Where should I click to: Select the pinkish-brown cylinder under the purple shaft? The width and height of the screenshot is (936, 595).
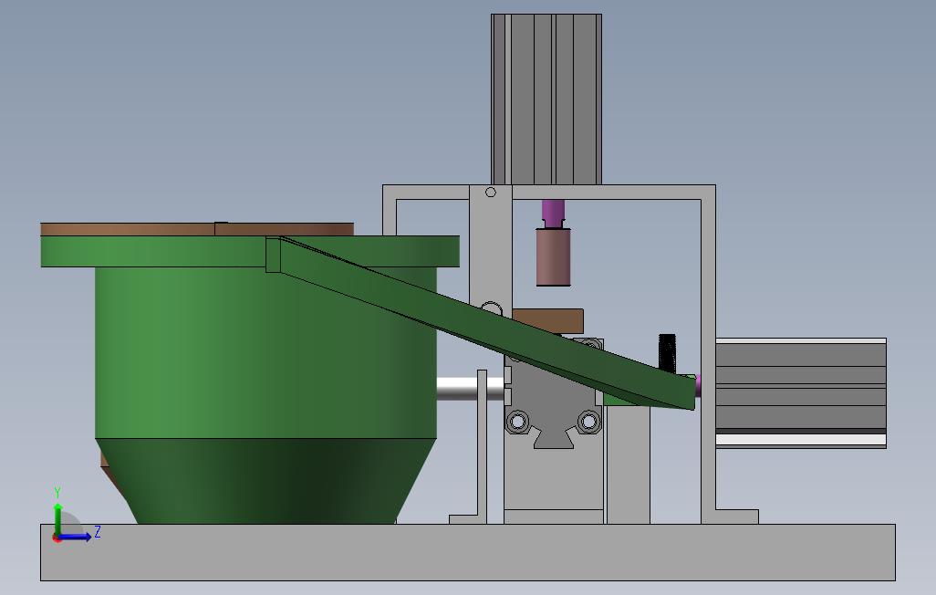click(554, 256)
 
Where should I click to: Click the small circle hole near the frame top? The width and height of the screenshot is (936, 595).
click(491, 192)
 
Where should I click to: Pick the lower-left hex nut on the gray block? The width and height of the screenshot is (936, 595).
click(517, 422)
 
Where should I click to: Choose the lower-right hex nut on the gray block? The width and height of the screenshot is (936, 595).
click(588, 422)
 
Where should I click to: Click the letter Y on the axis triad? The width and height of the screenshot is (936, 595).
click(57, 493)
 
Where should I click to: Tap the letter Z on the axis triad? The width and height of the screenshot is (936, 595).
click(98, 532)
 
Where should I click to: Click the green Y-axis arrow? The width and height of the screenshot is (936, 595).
click(57, 520)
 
